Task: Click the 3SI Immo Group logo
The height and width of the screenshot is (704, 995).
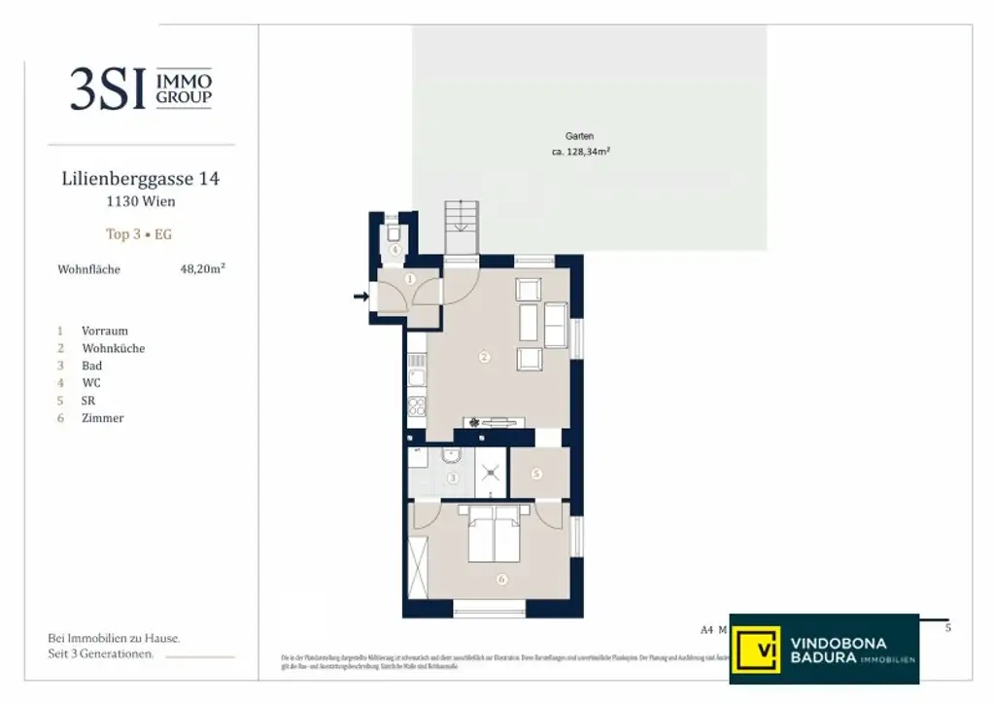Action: click(x=140, y=88)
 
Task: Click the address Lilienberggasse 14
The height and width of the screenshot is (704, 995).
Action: click(x=141, y=179)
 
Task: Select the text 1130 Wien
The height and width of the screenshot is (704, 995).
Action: click(x=141, y=202)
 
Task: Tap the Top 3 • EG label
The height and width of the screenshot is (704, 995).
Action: click(x=139, y=234)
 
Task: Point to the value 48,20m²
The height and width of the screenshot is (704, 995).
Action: click(x=202, y=269)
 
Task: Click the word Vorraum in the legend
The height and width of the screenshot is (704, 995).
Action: click(x=105, y=331)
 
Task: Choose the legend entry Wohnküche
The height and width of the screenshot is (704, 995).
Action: click(x=114, y=348)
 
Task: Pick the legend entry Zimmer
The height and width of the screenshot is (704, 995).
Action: click(x=103, y=418)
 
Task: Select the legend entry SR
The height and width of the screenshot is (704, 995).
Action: click(x=88, y=401)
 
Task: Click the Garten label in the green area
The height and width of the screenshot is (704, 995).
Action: click(x=579, y=136)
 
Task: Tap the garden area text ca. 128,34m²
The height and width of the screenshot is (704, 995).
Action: click(x=581, y=152)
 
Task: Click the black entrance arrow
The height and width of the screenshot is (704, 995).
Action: click(x=360, y=296)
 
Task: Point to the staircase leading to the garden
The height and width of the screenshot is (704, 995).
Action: click(x=462, y=229)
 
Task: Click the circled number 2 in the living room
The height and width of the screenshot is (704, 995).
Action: click(x=484, y=357)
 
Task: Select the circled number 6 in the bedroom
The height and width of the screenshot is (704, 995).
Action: click(x=501, y=581)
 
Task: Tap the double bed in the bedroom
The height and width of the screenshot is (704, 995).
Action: click(x=496, y=538)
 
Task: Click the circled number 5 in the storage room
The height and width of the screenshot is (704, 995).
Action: click(x=536, y=474)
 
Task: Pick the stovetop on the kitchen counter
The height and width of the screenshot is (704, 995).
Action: click(x=416, y=407)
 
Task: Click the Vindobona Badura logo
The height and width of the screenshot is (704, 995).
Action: click(x=823, y=649)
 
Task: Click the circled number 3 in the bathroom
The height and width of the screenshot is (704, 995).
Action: click(x=452, y=477)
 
